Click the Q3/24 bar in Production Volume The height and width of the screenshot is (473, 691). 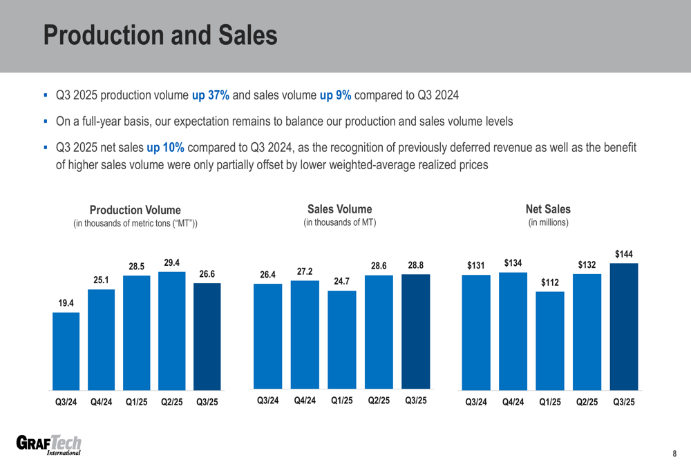(66, 351)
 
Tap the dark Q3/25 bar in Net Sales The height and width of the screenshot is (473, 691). (624, 327)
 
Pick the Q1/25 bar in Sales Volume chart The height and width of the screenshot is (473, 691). (342, 339)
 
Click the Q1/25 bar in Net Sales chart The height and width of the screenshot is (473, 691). (550, 340)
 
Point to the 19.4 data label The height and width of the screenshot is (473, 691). (66, 303)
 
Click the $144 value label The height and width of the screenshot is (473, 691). (624, 254)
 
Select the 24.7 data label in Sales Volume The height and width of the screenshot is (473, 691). (342, 282)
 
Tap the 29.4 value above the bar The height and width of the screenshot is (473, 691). (172, 262)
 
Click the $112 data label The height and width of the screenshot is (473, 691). (550, 282)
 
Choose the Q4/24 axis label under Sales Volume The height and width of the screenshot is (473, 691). (305, 400)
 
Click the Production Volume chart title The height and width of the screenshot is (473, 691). (135, 210)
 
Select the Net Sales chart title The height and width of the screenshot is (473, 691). (548, 209)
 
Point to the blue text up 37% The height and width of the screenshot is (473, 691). (211, 95)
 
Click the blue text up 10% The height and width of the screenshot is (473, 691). (165, 148)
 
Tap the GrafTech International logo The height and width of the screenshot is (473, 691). (48, 446)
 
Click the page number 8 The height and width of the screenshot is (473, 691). (674, 454)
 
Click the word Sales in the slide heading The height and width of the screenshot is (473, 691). (243, 36)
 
